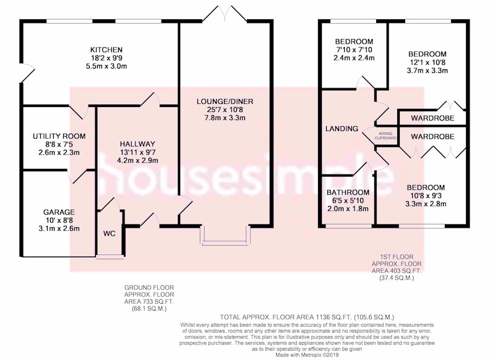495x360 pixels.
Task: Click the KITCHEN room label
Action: [x=106, y=50]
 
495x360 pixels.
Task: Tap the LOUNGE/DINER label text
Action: [x=225, y=101]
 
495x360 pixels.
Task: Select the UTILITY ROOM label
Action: [x=59, y=136]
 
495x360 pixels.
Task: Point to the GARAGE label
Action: [x=59, y=212]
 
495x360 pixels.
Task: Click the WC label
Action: [x=110, y=234]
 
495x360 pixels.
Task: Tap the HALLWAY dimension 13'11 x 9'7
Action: [x=137, y=152]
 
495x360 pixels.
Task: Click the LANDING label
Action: [x=342, y=129]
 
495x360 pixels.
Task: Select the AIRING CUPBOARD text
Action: [x=385, y=135]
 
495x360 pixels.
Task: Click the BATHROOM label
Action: [x=348, y=192]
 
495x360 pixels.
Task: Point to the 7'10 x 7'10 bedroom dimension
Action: [x=354, y=50]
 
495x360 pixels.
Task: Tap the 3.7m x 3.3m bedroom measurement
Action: [x=427, y=71]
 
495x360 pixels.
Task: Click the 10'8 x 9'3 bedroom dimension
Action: [x=426, y=195]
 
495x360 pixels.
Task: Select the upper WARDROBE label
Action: [x=433, y=118]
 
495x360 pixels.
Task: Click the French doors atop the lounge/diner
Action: [x=225, y=14]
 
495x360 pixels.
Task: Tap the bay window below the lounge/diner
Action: [x=225, y=236]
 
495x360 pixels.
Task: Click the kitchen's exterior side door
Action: [x=27, y=73]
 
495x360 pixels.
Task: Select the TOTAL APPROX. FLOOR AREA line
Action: [x=307, y=317]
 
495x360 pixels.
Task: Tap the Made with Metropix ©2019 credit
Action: [x=308, y=355]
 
